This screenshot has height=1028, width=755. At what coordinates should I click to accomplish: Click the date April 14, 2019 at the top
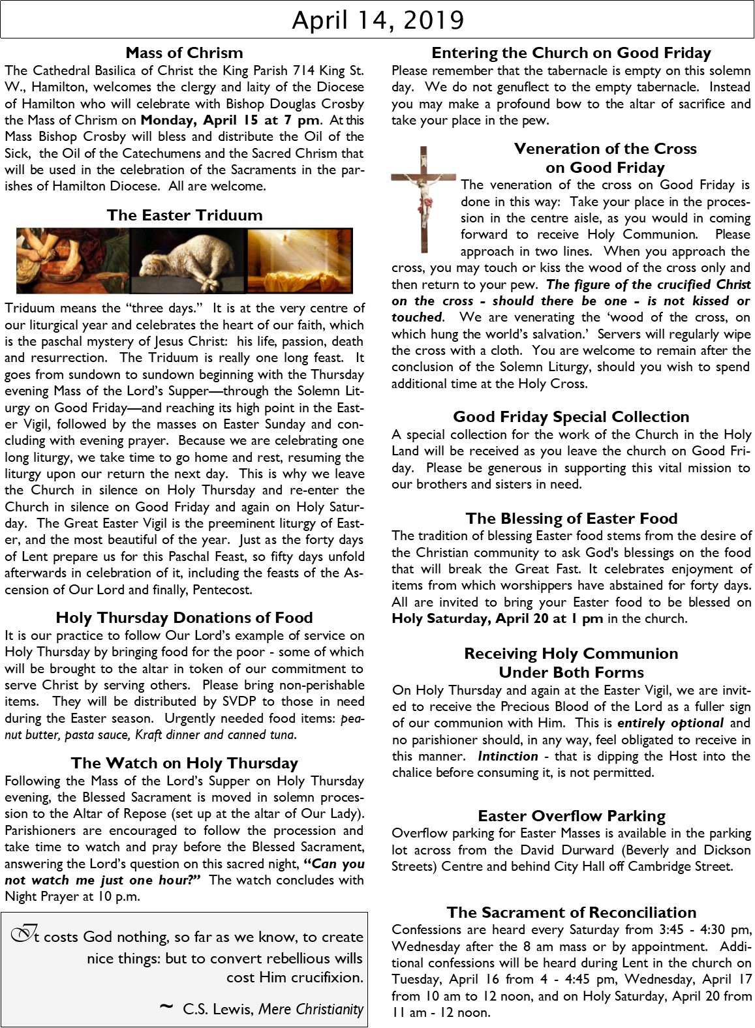377,20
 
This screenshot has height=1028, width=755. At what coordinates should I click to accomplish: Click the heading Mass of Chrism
184,53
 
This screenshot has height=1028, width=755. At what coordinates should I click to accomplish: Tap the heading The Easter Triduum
185,215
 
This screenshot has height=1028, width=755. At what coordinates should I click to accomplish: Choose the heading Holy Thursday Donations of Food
184,618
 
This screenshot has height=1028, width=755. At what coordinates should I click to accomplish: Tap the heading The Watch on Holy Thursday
185,763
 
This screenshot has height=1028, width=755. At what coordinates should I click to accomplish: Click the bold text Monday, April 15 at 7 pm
230,120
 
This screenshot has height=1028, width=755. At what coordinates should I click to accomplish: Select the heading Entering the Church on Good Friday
571,53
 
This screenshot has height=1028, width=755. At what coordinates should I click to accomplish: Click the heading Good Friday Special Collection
571,417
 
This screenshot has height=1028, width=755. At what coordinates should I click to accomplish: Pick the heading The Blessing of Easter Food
571,519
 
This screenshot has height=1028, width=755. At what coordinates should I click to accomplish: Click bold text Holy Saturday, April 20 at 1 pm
497,619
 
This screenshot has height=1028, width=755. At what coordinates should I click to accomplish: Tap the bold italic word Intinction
508,757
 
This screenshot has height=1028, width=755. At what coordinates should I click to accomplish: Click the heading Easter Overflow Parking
571,816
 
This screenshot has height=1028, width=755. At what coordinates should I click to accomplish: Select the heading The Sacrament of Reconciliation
571,913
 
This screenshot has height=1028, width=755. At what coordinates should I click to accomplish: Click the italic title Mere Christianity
311,1009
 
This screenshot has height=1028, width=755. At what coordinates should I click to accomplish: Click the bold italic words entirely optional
670,723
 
